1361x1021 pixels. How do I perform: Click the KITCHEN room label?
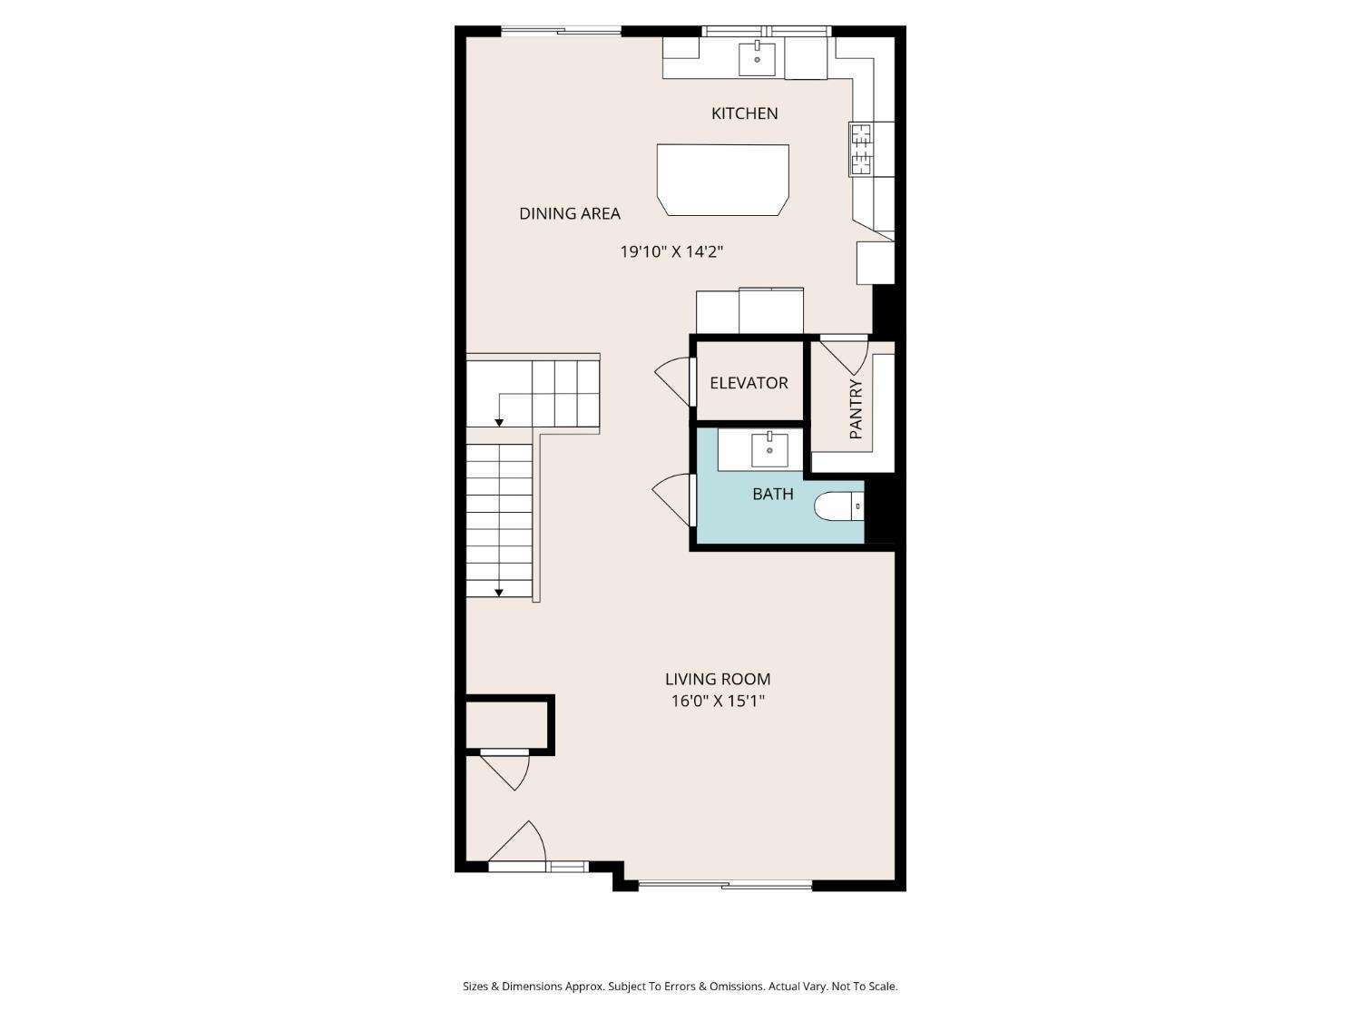point(744,113)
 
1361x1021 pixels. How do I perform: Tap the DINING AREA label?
point(570,213)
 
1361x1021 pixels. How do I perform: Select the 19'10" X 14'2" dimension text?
point(671,251)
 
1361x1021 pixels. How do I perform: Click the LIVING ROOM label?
point(718,679)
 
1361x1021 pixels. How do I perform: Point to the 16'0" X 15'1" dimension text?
point(718,701)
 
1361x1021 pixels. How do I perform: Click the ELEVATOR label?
point(749,383)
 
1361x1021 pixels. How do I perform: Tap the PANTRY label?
point(856,409)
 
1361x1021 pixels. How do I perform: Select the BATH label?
point(773,494)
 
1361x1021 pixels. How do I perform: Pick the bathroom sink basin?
point(769,449)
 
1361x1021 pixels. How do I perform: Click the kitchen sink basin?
point(757,59)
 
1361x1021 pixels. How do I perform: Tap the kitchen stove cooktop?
point(860,149)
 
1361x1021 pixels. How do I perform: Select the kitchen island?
point(723,179)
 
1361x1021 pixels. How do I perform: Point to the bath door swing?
point(672,498)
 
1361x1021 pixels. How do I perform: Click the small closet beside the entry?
point(507,724)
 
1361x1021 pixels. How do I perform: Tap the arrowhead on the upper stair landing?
point(499,423)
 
